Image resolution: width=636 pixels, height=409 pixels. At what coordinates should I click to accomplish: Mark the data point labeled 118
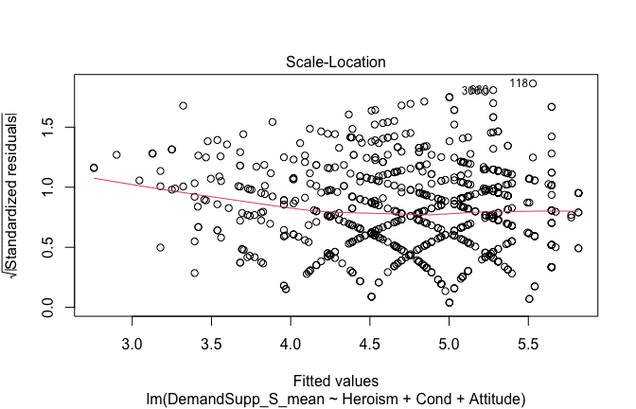pos(533,83)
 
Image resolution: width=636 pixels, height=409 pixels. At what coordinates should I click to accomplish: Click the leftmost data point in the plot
pos(94,168)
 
